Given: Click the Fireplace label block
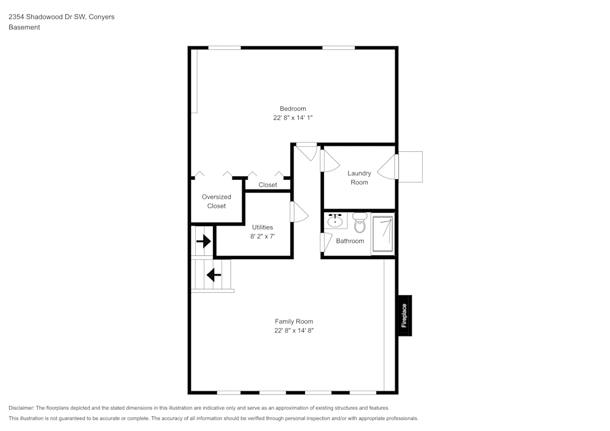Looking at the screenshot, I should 404,315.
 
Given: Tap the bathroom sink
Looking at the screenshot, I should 335,221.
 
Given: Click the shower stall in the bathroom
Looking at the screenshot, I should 383,234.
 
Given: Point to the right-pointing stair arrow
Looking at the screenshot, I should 203,242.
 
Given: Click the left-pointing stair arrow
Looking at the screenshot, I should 213,275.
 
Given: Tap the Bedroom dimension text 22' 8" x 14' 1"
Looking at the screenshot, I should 293,118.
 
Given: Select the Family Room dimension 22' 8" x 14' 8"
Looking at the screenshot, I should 293,330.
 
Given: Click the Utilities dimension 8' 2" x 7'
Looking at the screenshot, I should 262,236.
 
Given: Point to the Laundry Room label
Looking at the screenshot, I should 359,177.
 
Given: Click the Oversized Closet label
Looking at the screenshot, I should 216,201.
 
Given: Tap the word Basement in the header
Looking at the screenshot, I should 24,27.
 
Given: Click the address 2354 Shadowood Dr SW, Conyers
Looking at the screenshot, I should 61,17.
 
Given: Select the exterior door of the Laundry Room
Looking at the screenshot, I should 388,166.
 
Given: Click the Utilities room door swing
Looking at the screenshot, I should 299,213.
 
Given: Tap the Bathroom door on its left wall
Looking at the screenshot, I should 326,241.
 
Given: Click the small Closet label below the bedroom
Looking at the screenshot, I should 268,185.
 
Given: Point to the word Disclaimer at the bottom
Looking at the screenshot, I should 22,408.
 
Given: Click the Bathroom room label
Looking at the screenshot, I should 350,241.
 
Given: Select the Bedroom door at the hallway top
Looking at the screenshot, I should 307,150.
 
